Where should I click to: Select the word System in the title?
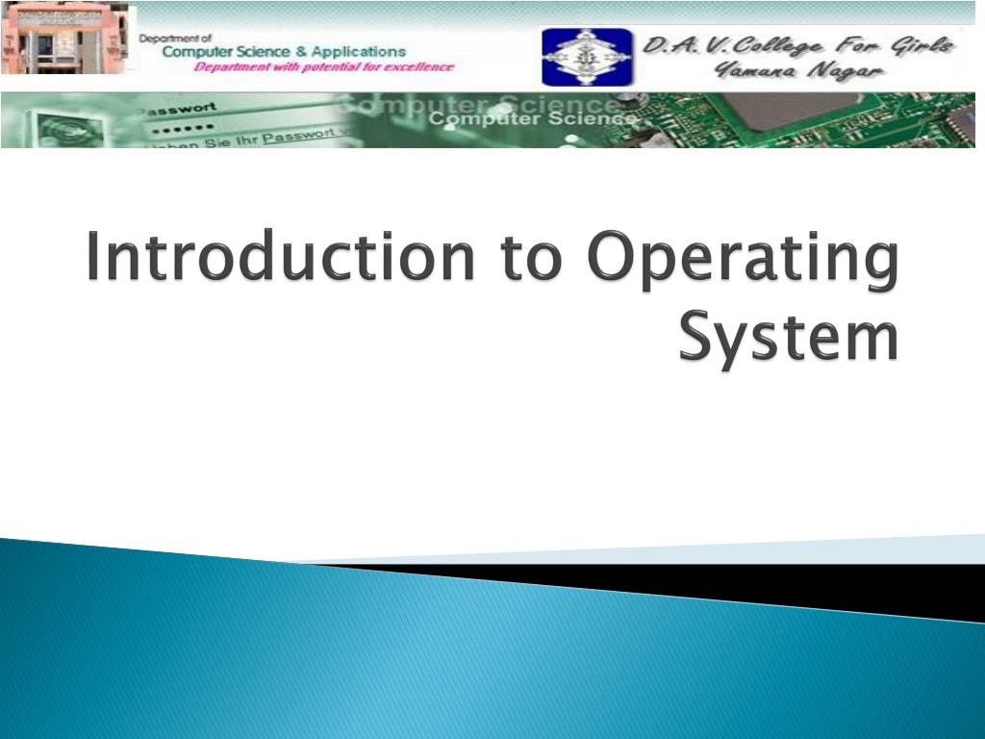click(x=789, y=339)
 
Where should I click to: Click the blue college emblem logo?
click(x=587, y=57)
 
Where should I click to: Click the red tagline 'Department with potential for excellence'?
click(x=323, y=67)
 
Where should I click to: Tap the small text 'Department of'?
click(x=176, y=38)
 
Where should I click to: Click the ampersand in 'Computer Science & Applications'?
click(x=302, y=51)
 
